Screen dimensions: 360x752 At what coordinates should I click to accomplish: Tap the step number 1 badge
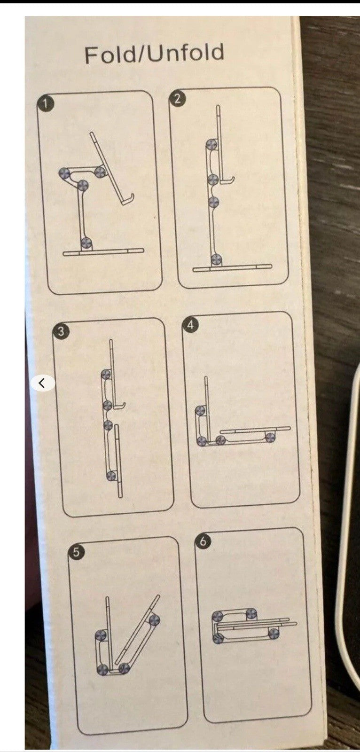(x=45, y=104)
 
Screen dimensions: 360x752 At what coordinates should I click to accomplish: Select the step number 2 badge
(x=177, y=99)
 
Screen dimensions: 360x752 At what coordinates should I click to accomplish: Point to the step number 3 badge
(x=61, y=331)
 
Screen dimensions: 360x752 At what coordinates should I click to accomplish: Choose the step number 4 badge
(x=191, y=325)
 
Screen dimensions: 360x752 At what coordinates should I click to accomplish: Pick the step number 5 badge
(x=76, y=552)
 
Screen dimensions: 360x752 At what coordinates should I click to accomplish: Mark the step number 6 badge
(x=203, y=541)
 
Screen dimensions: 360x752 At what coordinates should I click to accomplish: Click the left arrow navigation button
(x=42, y=383)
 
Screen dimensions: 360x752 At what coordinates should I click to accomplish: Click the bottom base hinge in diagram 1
(x=87, y=243)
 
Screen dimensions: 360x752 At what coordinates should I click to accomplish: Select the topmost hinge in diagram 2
(x=212, y=145)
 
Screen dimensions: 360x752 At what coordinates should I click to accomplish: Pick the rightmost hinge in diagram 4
(x=271, y=437)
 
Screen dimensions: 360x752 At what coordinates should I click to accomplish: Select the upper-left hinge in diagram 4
(x=201, y=410)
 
